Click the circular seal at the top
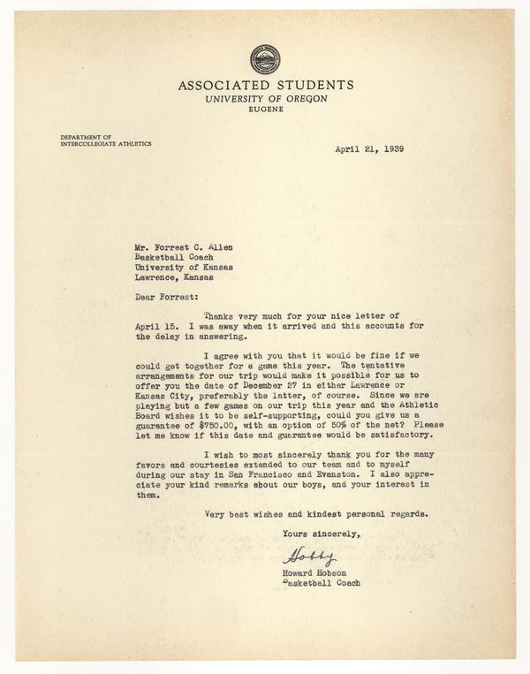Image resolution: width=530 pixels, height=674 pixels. click(x=265, y=59)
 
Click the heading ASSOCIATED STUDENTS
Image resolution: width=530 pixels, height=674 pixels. click(x=266, y=86)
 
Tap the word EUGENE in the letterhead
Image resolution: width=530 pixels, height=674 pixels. click(x=265, y=110)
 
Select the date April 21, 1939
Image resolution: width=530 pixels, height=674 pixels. click(x=369, y=148)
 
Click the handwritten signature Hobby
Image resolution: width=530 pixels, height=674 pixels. click(x=309, y=557)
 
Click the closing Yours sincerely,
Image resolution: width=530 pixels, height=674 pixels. click(x=322, y=534)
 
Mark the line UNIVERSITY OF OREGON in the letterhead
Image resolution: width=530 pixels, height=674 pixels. click(x=265, y=99)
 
